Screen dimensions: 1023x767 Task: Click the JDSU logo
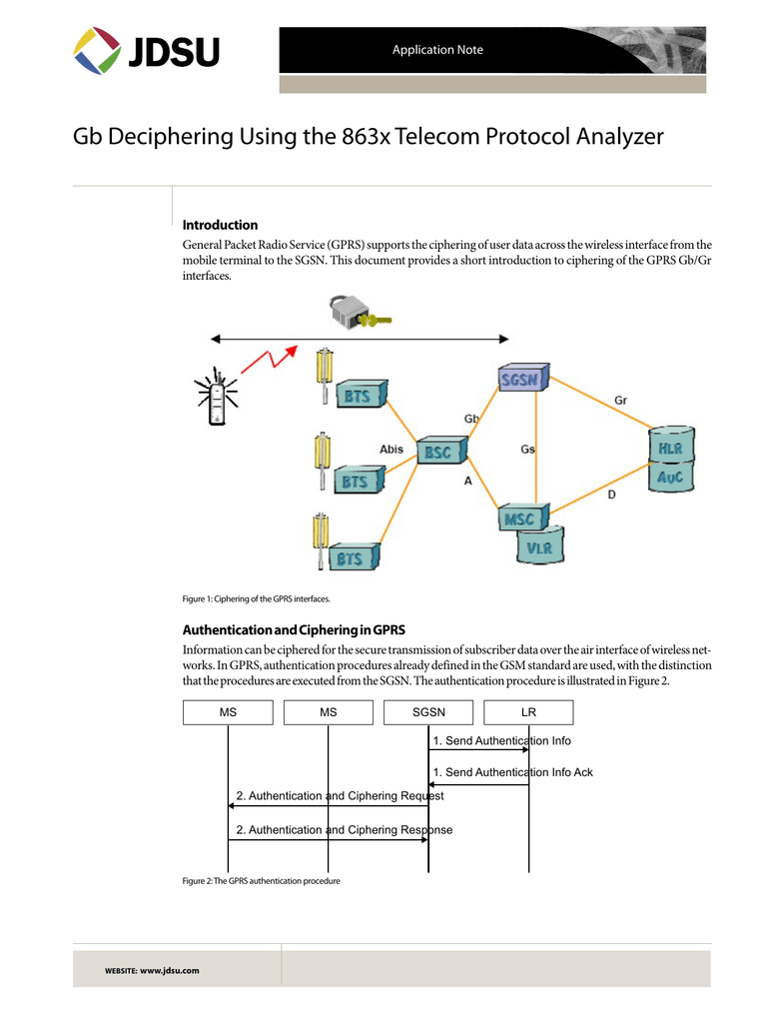146,50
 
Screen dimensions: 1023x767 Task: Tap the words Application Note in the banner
437,50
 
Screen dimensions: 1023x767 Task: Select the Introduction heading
220,225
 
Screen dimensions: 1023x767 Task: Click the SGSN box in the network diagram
519,380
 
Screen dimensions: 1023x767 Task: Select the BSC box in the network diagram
438,453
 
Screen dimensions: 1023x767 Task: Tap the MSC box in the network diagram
519,519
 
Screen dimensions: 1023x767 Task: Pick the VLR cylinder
540,546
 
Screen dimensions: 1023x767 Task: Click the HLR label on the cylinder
670,449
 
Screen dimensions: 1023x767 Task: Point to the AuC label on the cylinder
670,478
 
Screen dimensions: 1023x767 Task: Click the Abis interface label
391,450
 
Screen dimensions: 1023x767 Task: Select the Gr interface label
620,401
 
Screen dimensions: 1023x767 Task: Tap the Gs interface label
527,450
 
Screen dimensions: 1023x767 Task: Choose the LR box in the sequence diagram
528,712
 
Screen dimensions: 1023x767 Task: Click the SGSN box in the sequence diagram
428,712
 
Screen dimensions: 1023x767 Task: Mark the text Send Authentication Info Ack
512,772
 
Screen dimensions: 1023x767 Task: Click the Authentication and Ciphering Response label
344,830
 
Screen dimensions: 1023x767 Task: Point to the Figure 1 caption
256,598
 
